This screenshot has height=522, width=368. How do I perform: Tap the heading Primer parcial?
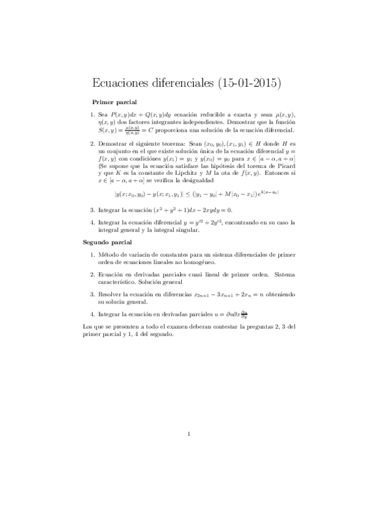tap(114, 102)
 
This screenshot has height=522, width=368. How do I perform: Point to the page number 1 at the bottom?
tap(190, 435)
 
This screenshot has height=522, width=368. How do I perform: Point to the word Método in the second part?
tap(111, 254)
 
